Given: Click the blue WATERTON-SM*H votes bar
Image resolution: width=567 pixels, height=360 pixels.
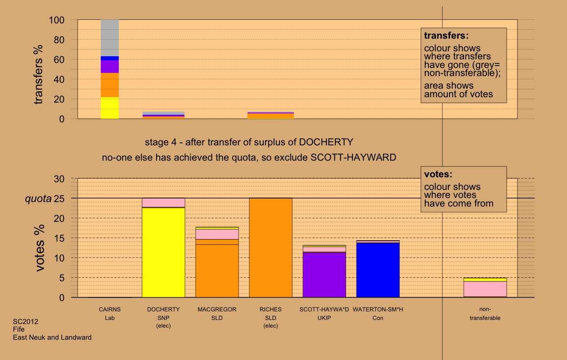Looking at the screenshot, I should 378,270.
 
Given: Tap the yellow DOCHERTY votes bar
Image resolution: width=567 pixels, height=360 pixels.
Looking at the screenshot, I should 163,252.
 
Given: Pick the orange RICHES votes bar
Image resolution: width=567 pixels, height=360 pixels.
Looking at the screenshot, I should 271,247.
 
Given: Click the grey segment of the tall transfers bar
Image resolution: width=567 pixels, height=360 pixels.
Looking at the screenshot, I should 110,38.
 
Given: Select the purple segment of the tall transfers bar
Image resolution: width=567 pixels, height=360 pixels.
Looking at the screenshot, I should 110,67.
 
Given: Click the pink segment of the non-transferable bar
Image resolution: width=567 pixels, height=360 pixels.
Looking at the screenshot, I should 485,288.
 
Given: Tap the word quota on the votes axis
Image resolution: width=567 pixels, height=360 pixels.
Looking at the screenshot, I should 38,198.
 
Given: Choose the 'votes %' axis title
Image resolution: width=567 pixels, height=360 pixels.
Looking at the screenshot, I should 40,248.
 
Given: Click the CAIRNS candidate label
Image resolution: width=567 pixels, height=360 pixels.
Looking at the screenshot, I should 110,310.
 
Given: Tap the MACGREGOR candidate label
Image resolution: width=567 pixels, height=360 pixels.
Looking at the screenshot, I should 217,310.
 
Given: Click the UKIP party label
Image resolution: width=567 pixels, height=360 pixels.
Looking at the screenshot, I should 324,318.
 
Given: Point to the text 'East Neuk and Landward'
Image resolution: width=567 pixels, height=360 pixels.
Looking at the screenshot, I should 52,337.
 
